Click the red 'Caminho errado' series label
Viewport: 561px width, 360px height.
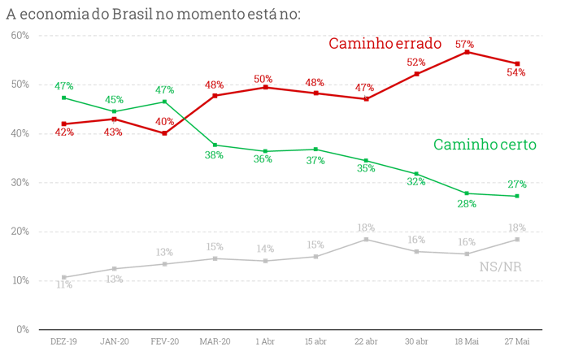(x=385, y=44)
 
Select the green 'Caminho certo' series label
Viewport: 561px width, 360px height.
(x=485, y=145)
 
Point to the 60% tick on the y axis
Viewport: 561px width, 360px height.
(x=20, y=35)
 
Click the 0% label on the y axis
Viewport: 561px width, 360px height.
(x=23, y=329)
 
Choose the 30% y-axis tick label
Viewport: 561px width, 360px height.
(x=20, y=182)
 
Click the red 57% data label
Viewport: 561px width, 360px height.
(x=465, y=44)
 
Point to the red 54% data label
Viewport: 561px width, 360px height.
(x=517, y=72)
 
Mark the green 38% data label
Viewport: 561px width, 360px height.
(x=214, y=155)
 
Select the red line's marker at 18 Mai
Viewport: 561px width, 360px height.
(x=466, y=51)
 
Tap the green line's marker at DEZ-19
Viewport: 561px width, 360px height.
(x=63, y=98)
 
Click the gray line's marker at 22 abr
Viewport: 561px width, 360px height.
(x=366, y=239)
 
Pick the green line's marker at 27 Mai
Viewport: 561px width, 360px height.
(x=517, y=196)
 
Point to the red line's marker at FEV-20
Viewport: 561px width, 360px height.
(x=164, y=132)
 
